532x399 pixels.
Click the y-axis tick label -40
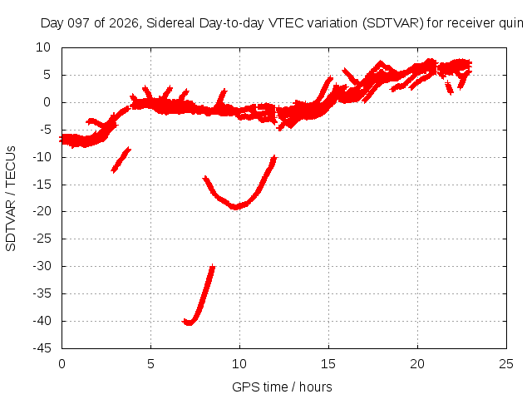click(x=42, y=321)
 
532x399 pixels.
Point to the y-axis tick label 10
click(x=43, y=47)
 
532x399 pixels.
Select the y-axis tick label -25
click(x=42, y=239)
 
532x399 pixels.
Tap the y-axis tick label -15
click(x=42, y=185)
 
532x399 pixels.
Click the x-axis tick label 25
click(x=506, y=364)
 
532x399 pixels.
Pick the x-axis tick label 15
click(x=328, y=364)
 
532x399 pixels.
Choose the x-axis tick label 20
click(x=417, y=364)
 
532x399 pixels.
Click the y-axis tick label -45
click(x=42, y=348)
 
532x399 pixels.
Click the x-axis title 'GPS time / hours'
click(x=282, y=387)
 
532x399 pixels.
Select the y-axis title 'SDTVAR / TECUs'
click(x=11, y=199)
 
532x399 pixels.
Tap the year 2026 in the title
click(x=124, y=23)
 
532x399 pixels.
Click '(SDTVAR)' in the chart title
click(x=393, y=23)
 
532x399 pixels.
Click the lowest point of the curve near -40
click(x=189, y=323)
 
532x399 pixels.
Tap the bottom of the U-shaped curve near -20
click(x=235, y=207)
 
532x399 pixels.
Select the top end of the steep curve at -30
click(x=213, y=267)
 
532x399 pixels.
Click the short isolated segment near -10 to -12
click(x=121, y=160)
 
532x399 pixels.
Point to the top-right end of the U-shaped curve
click(x=274, y=157)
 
